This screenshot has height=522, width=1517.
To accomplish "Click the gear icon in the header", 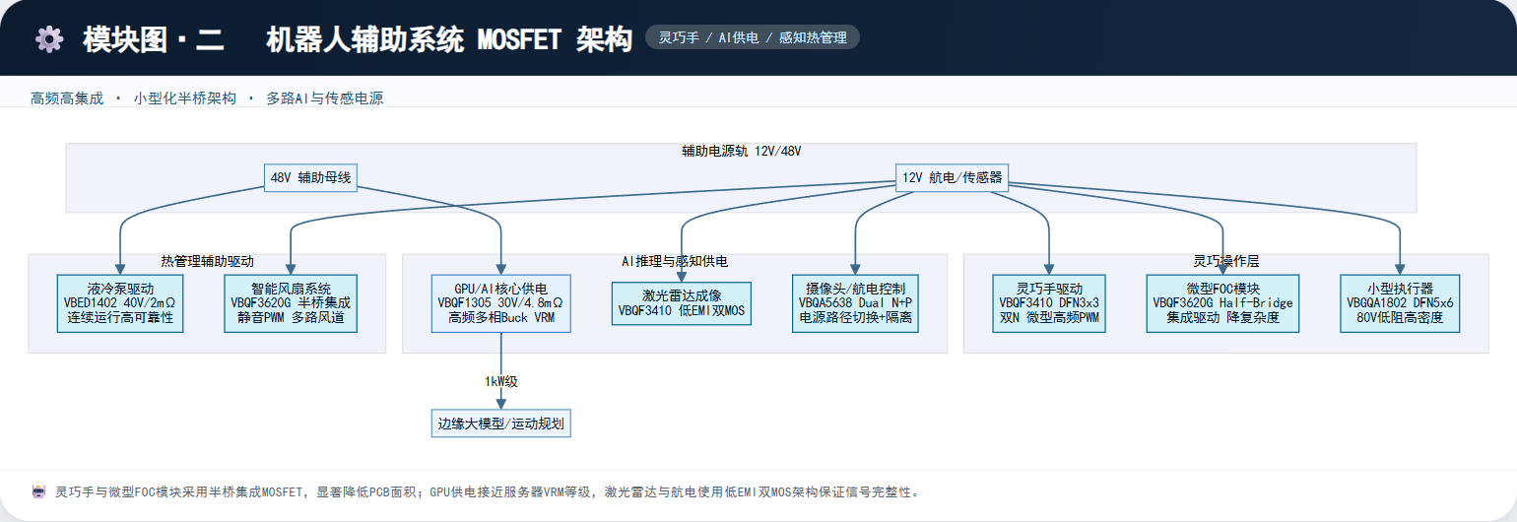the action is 49,39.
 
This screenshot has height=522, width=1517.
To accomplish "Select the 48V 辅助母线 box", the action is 310,177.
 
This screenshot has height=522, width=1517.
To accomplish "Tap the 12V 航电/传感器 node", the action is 952,177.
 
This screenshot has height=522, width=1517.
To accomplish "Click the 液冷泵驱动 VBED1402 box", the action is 120,303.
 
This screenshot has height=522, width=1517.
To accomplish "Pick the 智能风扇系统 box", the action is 291,303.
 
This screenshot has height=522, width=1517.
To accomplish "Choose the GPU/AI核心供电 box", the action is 501,303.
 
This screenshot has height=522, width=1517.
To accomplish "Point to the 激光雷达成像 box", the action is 682,303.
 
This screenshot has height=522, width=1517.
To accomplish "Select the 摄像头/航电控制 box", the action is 855,303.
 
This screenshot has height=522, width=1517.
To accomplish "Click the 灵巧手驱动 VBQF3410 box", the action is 1049,303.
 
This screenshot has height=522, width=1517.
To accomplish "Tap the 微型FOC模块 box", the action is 1222,303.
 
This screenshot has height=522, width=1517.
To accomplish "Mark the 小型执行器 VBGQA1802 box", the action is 1400,303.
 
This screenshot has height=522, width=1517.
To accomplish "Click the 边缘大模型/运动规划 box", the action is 501,424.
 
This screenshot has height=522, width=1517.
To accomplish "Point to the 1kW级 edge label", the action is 501,382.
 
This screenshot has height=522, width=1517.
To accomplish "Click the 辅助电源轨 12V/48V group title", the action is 741,151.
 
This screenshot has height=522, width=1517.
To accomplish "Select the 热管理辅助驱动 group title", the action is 207,261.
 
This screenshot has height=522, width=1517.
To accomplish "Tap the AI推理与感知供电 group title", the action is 675,261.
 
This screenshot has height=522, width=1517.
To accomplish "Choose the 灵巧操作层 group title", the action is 1225,261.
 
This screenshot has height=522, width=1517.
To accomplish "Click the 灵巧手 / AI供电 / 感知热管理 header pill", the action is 753,37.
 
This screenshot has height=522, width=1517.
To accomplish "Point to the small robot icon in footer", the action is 39,491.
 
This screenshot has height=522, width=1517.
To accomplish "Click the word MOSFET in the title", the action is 519,39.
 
